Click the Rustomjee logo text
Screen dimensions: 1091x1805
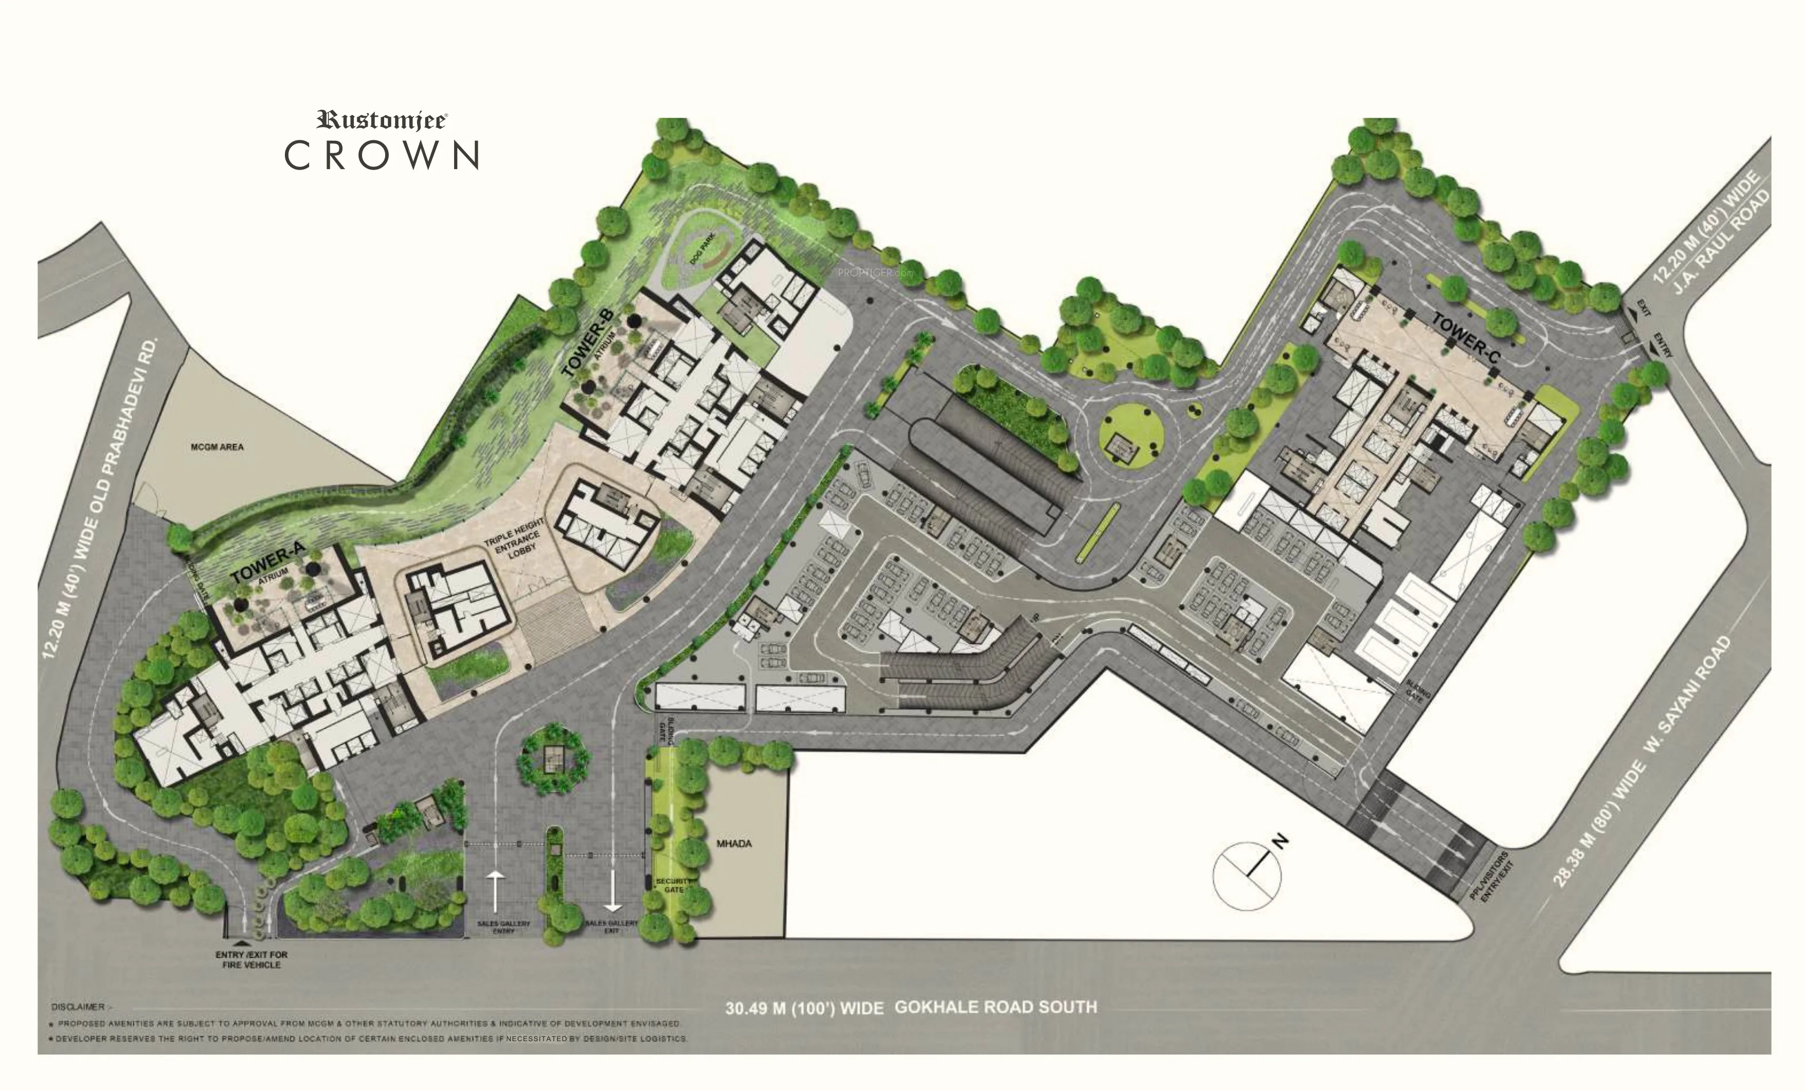point(382,120)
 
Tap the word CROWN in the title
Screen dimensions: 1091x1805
point(382,155)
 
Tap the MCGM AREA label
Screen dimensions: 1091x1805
point(218,447)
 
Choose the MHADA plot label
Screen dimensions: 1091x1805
point(734,843)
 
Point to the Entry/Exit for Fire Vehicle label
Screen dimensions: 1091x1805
point(251,959)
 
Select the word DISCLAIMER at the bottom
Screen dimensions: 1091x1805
point(78,1007)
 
